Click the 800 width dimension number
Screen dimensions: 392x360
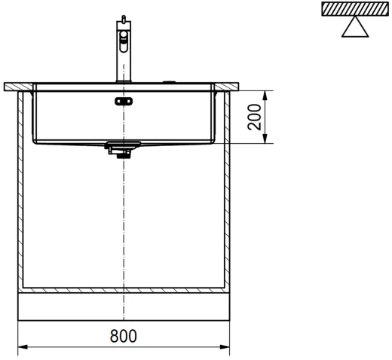click(124, 336)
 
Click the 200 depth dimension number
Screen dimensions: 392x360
click(254, 117)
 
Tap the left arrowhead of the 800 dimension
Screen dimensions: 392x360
click(23, 347)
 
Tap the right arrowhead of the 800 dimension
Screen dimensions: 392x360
click(225, 347)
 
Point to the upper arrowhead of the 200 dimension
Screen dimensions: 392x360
click(265, 96)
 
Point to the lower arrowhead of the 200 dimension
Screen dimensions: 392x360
click(265, 139)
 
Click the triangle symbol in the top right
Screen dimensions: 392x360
click(355, 27)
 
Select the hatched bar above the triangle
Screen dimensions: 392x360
click(355, 9)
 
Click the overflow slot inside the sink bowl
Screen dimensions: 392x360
click(124, 102)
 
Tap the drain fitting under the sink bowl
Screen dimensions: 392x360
click(123, 149)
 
